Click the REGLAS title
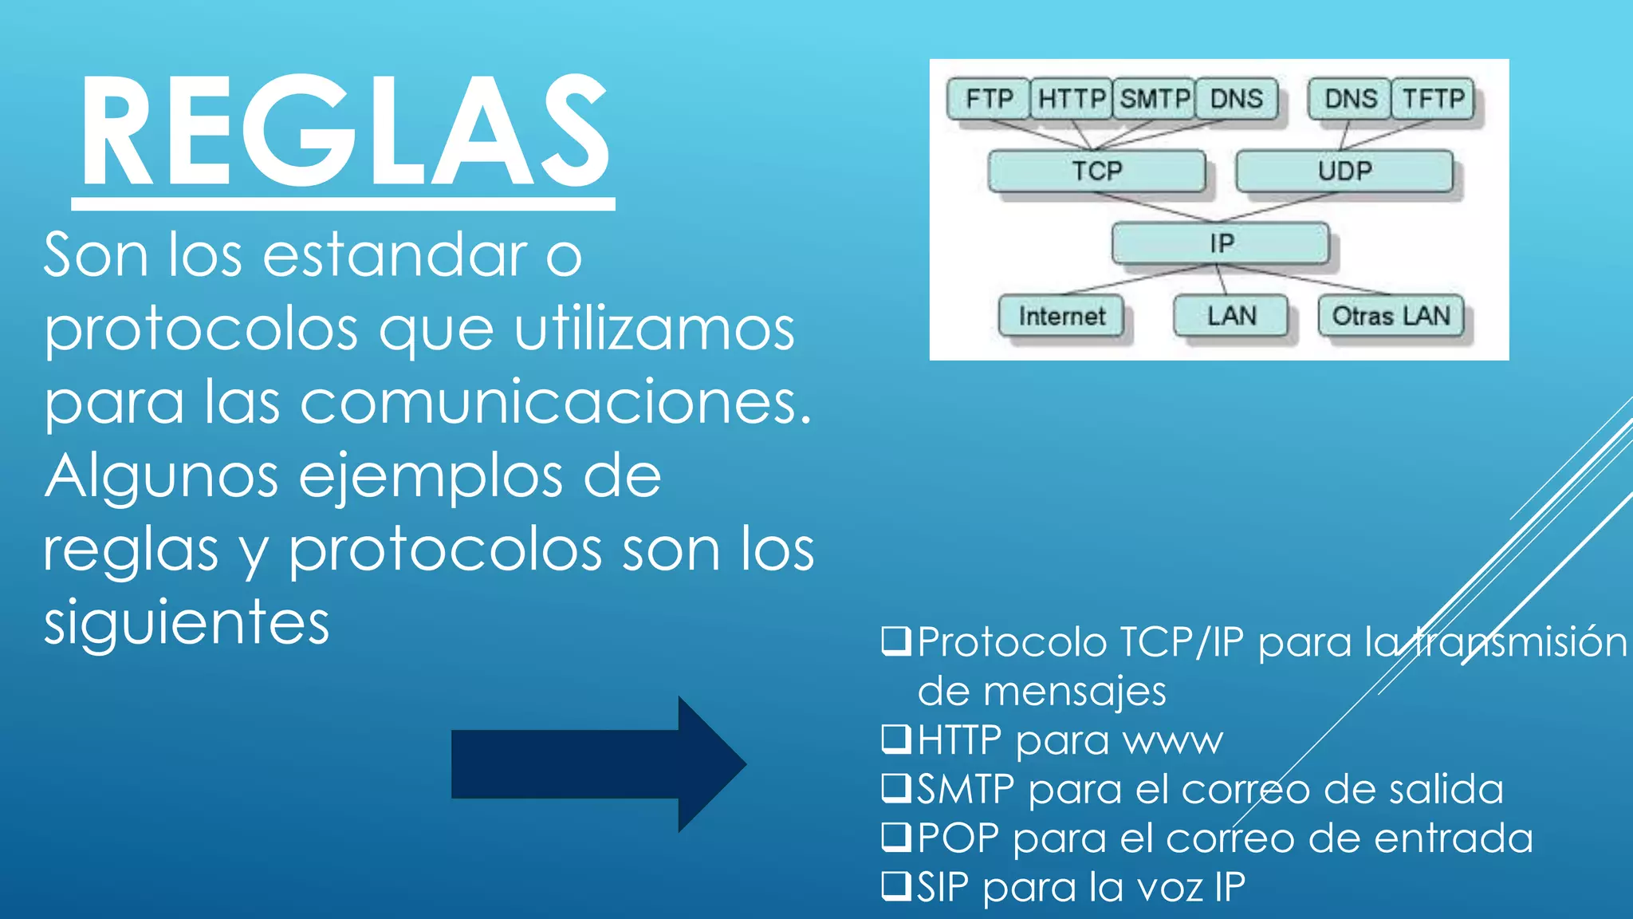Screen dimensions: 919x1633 click(344, 132)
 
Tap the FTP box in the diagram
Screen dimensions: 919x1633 click(989, 99)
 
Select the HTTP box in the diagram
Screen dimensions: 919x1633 click(1071, 99)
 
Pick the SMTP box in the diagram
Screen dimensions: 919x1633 click(1154, 99)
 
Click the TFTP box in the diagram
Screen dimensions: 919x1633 click(1433, 99)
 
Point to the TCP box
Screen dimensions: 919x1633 click(1096, 171)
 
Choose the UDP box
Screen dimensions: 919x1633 click(1344, 171)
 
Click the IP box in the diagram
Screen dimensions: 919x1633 click(1221, 243)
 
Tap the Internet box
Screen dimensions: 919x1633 click(1061, 316)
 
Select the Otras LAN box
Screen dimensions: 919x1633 click(1391, 316)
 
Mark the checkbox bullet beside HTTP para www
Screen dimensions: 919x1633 click(895, 739)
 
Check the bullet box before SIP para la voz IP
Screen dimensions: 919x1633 click(895, 885)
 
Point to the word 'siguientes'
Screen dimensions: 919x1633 click(187, 622)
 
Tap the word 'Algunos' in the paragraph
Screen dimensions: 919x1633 click(161, 476)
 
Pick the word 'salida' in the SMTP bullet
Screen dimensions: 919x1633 click(1446, 789)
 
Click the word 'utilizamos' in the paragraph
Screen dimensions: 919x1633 click(655, 329)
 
